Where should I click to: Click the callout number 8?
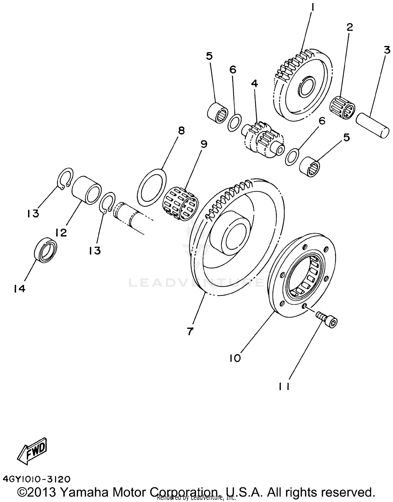click(181, 130)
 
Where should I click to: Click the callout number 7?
click(190, 331)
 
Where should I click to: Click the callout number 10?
click(235, 358)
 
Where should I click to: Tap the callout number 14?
click(20, 288)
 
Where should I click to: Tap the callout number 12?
click(61, 232)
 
